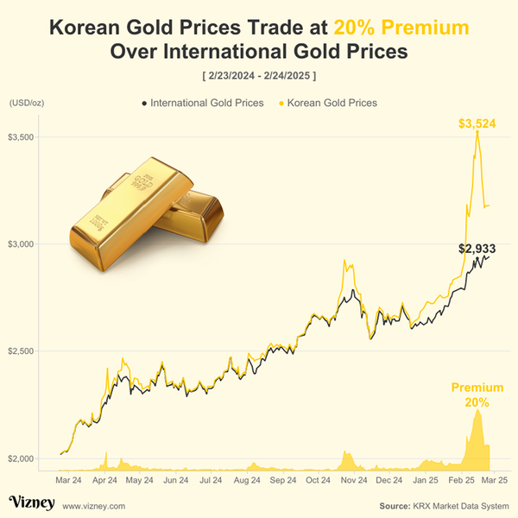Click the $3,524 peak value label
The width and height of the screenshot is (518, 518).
pos(477,124)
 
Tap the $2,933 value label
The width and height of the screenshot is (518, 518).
pos(476,249)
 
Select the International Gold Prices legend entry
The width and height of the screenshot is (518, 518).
pos(202,103)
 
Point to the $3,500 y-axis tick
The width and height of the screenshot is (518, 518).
pos(21,137)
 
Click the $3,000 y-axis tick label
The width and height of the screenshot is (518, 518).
pos(21,244)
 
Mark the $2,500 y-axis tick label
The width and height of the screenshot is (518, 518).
pos(21,351)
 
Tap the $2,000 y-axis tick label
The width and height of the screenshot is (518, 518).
pos(21,458)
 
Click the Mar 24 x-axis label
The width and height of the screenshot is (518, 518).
pos(69,479)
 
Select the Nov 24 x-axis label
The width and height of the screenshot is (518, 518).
pos(354,479)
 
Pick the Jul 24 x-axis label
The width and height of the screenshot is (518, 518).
pos(212,479)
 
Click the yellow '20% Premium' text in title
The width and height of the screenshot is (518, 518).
pos(401,28)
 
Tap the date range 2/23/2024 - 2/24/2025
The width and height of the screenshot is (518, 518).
pos(259,76)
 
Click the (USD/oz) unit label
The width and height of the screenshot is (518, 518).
pos(26,103)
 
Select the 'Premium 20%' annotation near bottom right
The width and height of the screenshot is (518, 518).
pos(477,395)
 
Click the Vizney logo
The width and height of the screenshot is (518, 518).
pos(32,502)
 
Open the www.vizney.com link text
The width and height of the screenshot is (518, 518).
pos(94,505)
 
